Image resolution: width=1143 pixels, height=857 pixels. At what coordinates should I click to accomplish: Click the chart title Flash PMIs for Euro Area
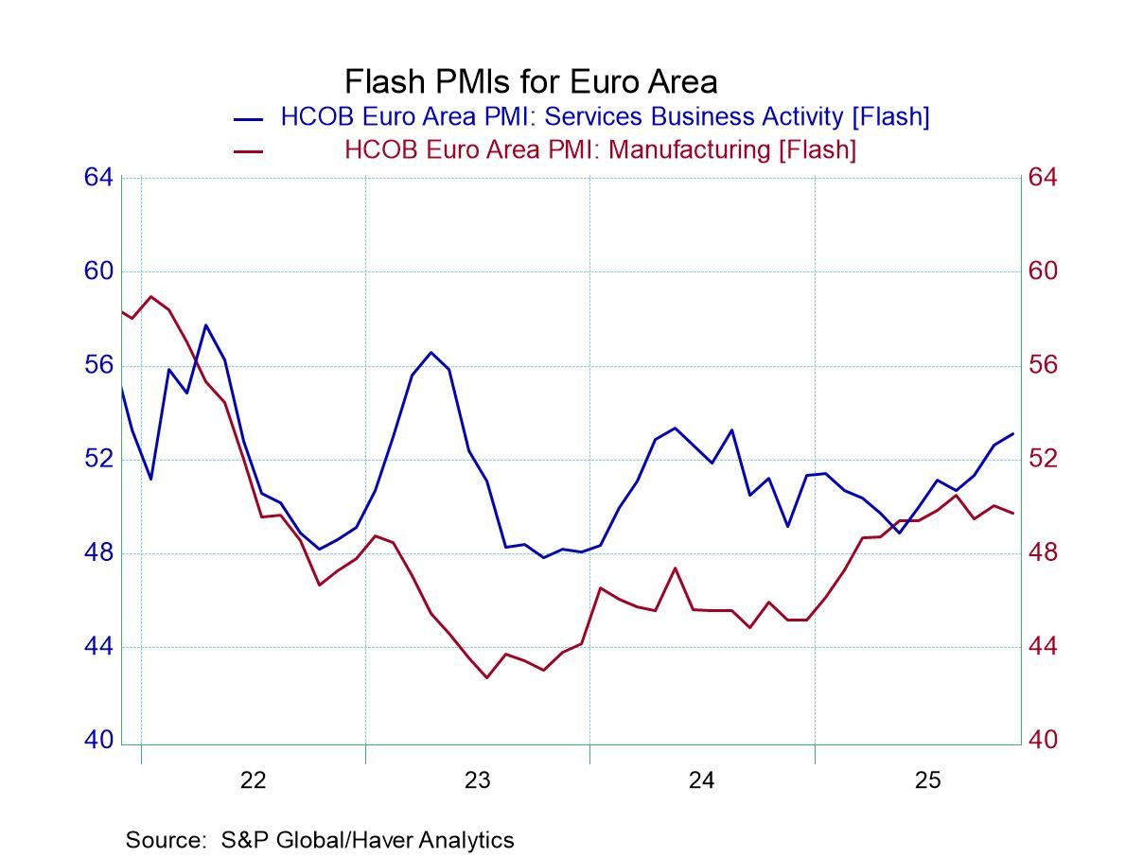point(530,81)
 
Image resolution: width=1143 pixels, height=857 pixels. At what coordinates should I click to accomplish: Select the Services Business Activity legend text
point(605,116)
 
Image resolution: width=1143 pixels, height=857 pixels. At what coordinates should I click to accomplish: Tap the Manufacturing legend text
point(600,149)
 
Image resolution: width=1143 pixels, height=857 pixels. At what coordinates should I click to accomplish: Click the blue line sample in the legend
point(249,119)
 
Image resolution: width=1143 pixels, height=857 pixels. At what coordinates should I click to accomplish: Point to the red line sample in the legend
point(249,152)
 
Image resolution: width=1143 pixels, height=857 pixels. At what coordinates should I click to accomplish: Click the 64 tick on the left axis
point(99,178)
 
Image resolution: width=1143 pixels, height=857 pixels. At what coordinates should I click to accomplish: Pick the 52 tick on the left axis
point(99,459)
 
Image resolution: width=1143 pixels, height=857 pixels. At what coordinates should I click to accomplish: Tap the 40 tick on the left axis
point(99,741)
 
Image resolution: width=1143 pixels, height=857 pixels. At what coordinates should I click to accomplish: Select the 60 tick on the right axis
point(1043,271)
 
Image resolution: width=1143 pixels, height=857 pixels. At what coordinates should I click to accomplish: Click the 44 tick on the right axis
point(1043,647)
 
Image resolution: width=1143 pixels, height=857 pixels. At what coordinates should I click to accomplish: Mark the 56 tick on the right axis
point(1043,365)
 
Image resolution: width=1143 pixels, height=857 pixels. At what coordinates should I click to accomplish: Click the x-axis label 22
point(253,780)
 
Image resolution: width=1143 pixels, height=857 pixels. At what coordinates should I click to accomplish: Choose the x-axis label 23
point(477,780)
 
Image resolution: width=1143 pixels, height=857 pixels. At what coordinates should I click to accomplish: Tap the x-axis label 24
point(701,780)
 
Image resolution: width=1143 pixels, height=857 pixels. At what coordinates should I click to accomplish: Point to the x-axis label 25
point(926,780)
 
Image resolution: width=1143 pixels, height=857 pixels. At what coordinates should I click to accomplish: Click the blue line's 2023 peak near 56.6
point(431,352)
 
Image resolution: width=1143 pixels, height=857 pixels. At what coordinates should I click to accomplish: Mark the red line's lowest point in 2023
point(487,677)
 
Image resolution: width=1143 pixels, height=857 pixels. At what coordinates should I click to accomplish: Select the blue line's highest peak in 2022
point(206,324)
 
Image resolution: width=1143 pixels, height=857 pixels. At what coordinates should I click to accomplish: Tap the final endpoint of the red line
point(1013,514)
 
